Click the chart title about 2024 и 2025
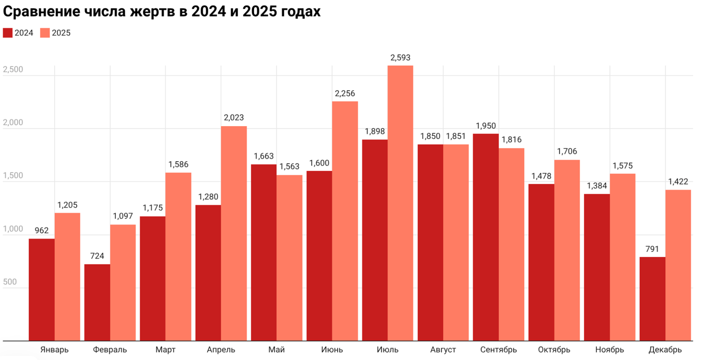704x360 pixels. (x=162, y=12)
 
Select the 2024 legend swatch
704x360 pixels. (x=8, y=33)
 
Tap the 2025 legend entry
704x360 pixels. (x=55, y=33)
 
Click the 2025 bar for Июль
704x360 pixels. (x=400, y=203)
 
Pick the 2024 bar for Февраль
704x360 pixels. (x=97, y=302)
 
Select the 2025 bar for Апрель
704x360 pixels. (x=234, y=233)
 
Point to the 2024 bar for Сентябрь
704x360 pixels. (x=486, y=237)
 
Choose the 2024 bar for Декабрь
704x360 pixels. (x=652, y=299)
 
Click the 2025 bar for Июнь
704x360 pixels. (x=345, y=221)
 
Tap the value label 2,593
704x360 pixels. (x=400, y=58)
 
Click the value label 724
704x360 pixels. (x=97, y=256)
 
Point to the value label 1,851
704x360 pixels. (x=456, y=136)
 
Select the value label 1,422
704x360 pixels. (x=678, y=181)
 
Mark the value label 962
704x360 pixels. (x=41, y=230)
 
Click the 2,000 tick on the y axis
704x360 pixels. (x=13, y=123)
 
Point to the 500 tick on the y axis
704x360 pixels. (x=10, y=282)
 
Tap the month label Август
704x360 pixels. (x=443, y=350)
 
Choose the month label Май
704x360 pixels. (x=276, y=350)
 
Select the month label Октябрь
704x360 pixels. (x=554, y=350)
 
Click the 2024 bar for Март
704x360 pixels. (x=153, y=278)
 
